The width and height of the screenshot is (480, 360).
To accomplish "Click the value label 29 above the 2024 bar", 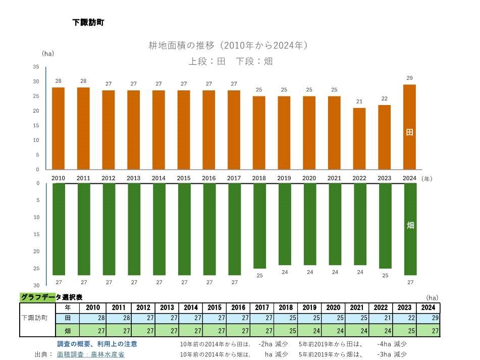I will pos(409,78).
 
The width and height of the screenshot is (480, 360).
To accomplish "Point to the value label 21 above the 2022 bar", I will pos(359,101).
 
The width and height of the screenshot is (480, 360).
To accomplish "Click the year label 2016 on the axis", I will pos(208,178).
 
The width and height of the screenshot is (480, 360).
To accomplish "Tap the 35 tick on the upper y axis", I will pos(36,67).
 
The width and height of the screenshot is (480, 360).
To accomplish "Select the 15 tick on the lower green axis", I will pos(36,234).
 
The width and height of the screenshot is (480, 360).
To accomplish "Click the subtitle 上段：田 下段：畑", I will pos(231,62).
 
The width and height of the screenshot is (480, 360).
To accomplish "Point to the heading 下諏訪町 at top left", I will pos(88,23).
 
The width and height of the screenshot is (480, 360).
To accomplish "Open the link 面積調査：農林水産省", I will pos(91,354).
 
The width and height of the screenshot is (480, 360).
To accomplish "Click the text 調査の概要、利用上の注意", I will pos(97,344).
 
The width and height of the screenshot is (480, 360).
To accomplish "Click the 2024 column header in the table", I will pos(428,307).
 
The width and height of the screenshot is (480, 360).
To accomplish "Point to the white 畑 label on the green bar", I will pos(410,225).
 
